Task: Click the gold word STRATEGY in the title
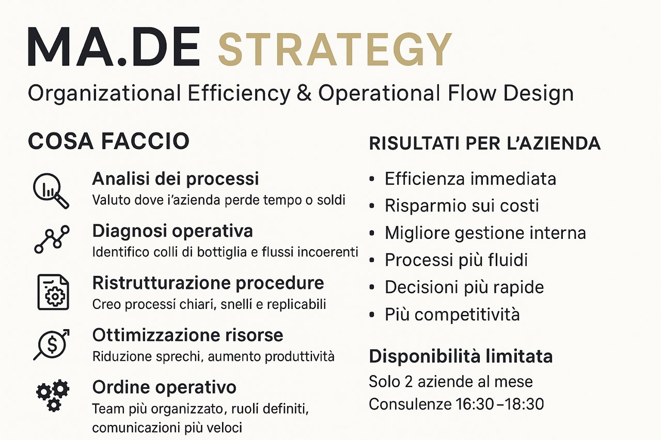point(335,49)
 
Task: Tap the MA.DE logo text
point(114,46)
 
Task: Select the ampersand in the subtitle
point(304,93)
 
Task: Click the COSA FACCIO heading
point(108,141)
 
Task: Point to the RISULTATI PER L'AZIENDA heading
point(485,143)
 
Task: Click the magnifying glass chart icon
point(51,191)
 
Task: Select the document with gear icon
point(53,292)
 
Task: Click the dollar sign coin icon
point(52,344)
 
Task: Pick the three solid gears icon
point(53,395)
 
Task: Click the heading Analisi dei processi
point(176,178)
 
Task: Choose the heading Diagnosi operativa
point(172,231)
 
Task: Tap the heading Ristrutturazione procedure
point(208,283)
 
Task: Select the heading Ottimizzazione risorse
point(187,335)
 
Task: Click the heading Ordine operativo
point(164,387)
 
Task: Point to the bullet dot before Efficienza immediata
point(372,179)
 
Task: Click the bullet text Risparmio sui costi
point(462,205)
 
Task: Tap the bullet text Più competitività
point(452,314)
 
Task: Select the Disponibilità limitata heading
point(461,356)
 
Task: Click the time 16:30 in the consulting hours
point(475,404)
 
